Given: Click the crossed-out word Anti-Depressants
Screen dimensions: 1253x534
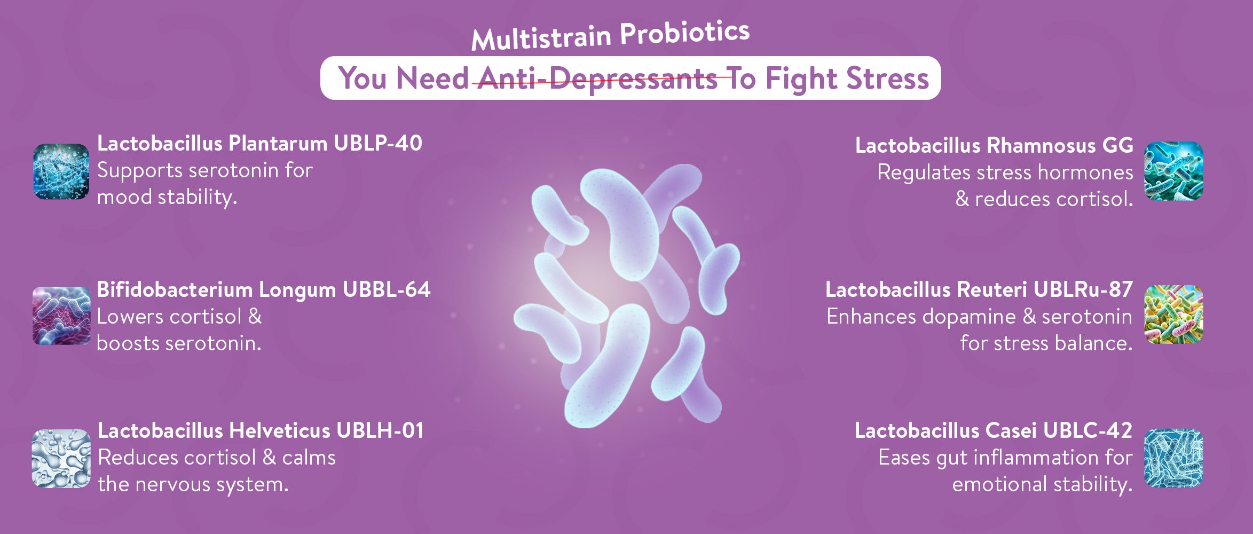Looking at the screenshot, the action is coord(597,79).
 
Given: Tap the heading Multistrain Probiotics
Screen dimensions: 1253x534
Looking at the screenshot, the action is coord(610,35).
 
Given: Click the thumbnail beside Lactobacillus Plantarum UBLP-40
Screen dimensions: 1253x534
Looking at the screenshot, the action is coord(61,171).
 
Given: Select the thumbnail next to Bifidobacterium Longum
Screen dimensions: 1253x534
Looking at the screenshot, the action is coord(61,316).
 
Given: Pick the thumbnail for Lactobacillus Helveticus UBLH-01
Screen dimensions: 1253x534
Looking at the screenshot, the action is coord(61,458).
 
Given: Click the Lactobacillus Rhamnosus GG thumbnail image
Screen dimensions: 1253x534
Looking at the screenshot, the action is coord(1173,171).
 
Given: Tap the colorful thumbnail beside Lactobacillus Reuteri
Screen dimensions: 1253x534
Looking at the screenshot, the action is coord(1173,314).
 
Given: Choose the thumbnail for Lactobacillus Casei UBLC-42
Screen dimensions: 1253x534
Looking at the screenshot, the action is coord(1173,458).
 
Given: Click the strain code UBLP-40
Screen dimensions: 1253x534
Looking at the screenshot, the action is coord(378,143).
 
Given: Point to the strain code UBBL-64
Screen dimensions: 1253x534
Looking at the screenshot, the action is coord(387,289).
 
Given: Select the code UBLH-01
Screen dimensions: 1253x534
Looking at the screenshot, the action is coord(381,430).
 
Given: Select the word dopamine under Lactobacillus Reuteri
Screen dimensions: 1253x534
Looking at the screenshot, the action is coord(969,317).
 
